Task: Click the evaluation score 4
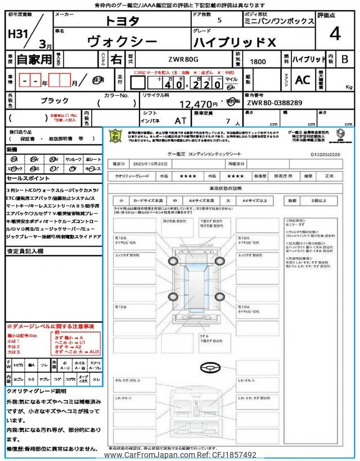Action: point(335,34)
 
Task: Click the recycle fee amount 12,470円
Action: point(199,104)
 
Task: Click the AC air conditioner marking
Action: point(303,80)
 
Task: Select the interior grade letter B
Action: point(345,59)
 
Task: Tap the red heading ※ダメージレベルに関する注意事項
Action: point(51,326)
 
